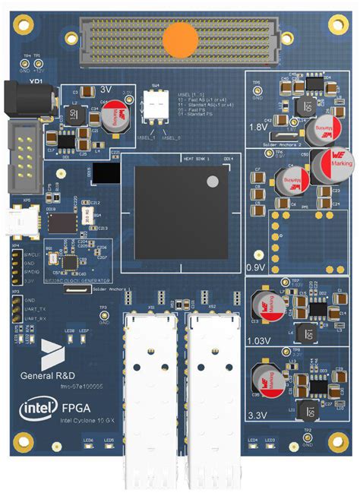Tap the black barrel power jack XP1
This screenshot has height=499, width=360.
pos(30,99)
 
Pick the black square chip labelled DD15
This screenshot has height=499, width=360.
pos(109,175)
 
